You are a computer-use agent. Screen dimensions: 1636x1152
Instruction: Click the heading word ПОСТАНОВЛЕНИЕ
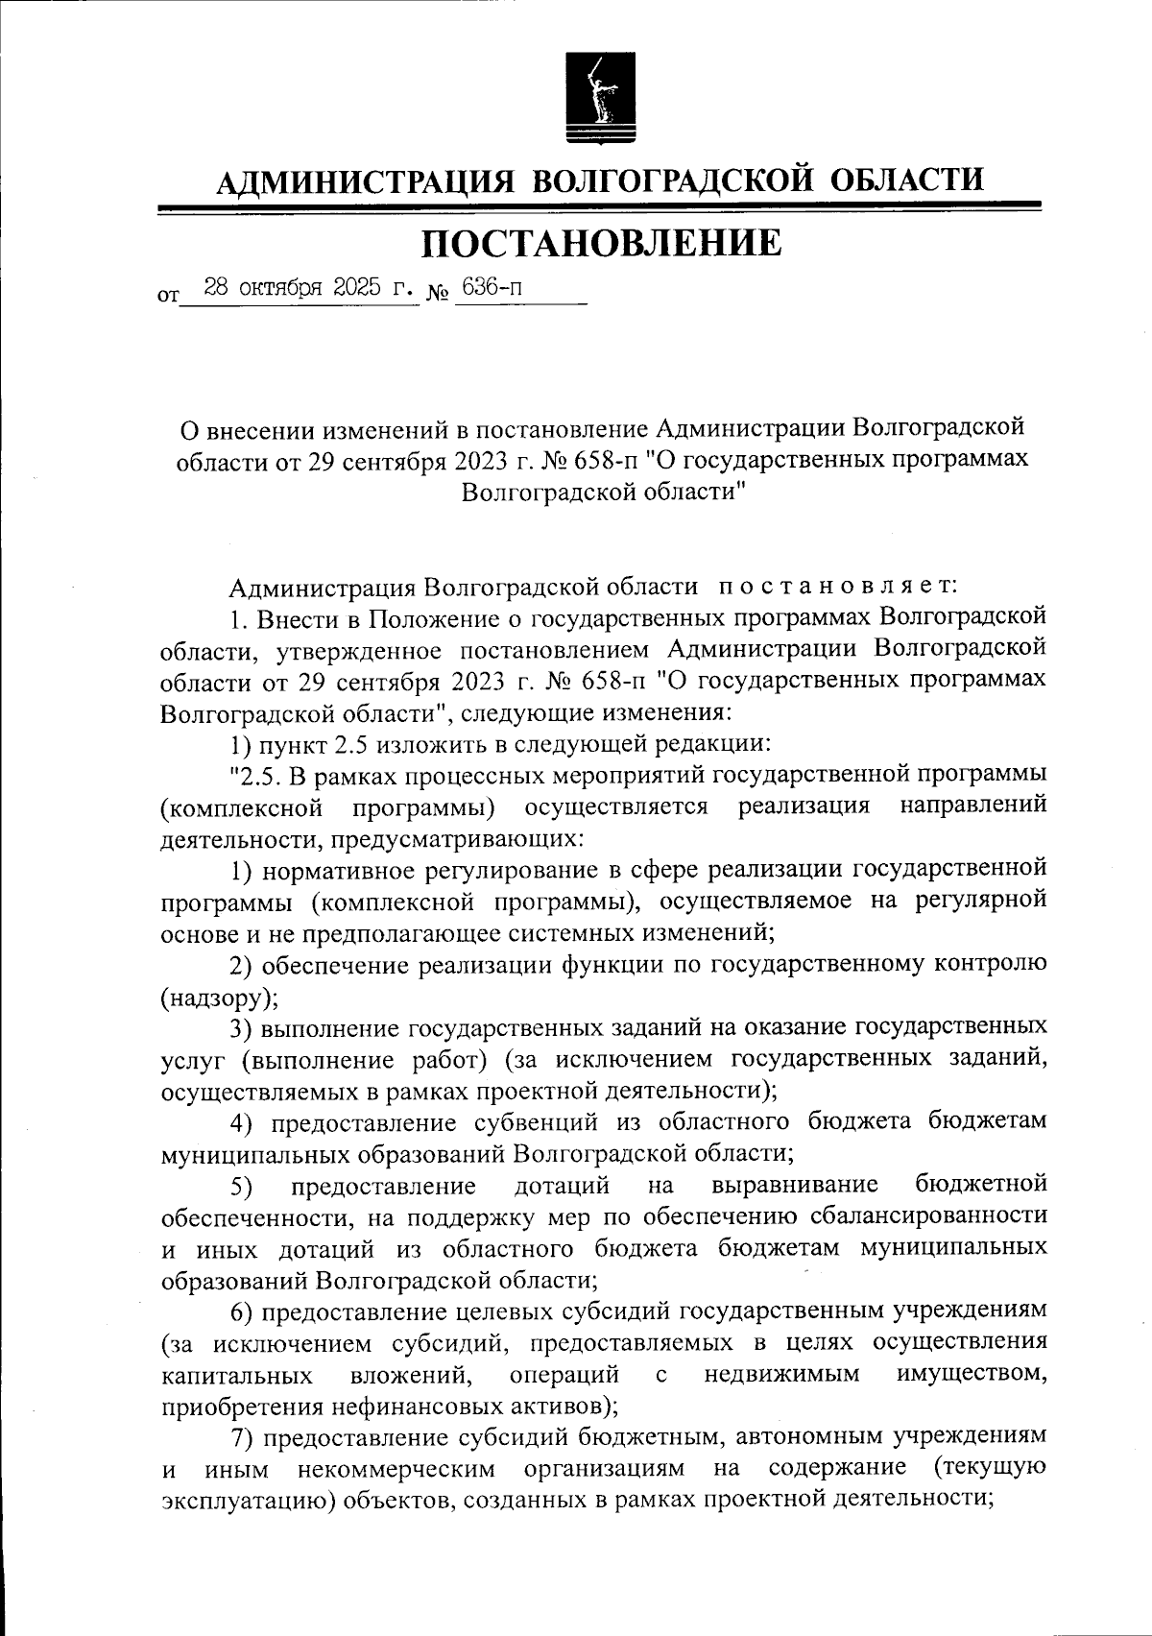point(602,244)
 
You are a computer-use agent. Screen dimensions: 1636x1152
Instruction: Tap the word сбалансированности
point(927,1216)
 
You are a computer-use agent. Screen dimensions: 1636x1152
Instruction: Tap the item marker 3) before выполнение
point(241,1028)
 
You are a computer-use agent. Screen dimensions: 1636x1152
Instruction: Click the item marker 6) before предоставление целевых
point(241,1311)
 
